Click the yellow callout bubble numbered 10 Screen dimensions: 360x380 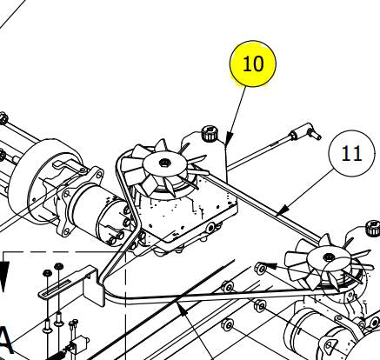point(252,63)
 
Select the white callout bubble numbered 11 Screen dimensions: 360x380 point(351,154)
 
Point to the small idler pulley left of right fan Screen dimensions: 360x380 point(260,263)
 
